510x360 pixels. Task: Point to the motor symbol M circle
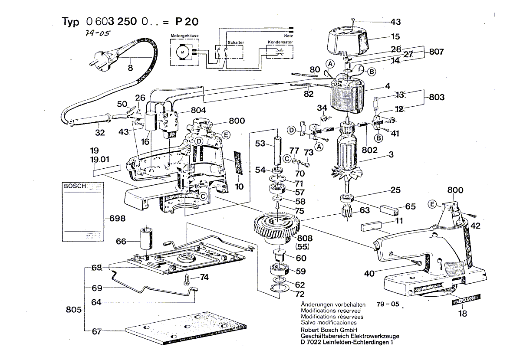tap(183, 52)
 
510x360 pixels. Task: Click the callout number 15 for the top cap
tap(395, 37)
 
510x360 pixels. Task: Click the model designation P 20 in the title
tap(188, 22)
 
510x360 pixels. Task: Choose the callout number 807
tap(435, 52)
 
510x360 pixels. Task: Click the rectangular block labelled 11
tap(372, 226)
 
